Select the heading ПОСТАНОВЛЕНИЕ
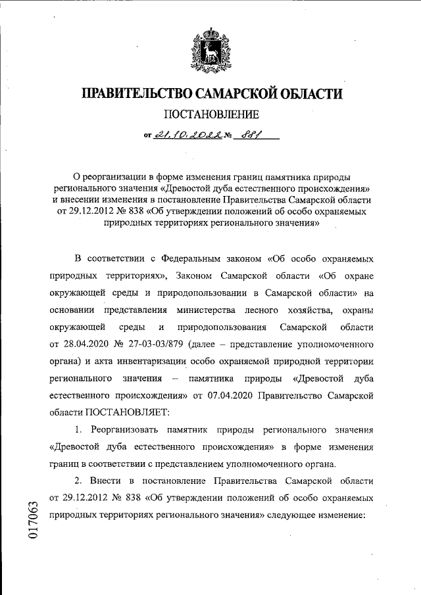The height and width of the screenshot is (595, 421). [x=211, y=116]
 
